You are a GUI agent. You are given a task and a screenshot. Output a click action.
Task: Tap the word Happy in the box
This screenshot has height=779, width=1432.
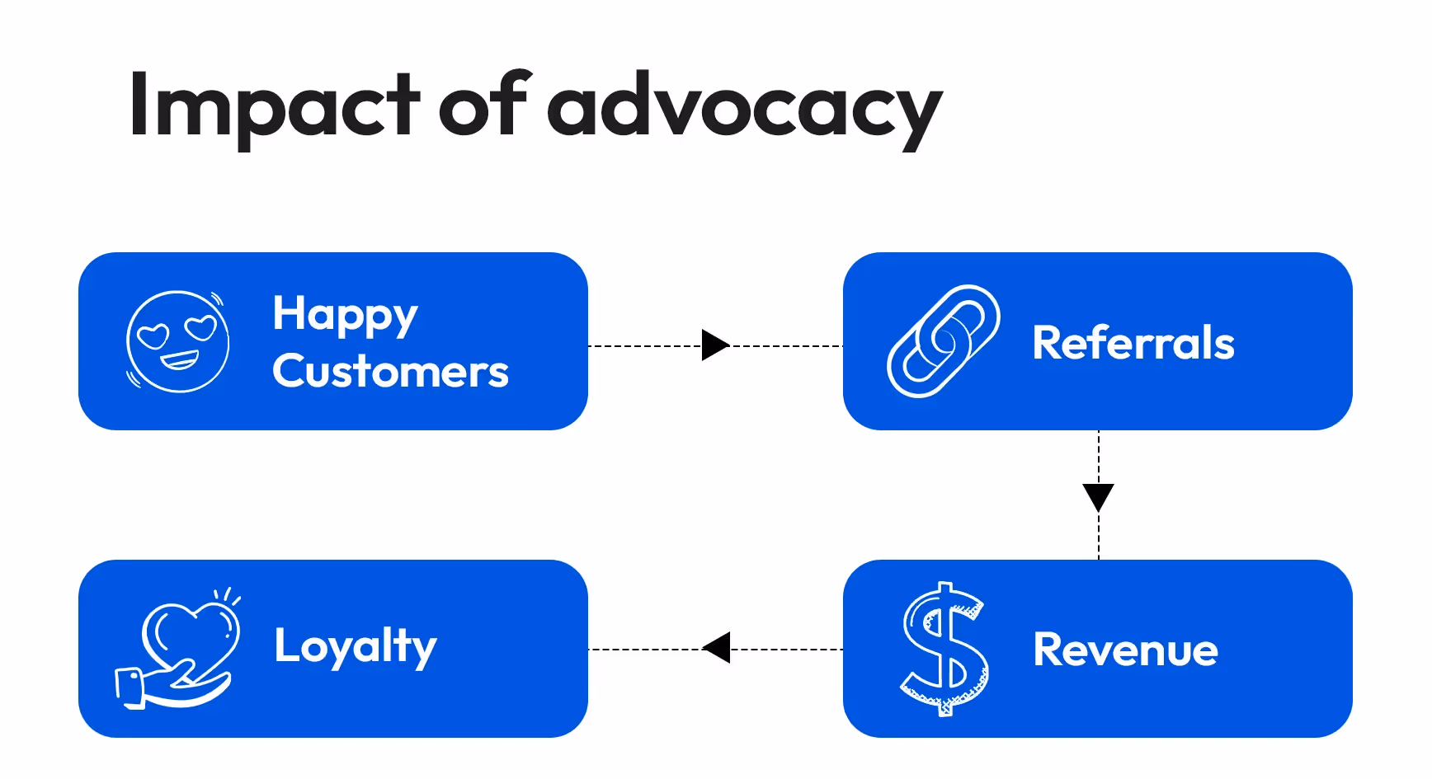[x=346, y=315]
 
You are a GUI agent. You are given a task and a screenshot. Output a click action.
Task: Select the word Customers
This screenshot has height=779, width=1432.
[x=390, y=371]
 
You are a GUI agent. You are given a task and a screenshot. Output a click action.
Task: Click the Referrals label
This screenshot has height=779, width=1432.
[x=1133, y=342]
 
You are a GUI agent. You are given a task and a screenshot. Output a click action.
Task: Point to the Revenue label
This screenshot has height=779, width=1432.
[x=1125, y=650]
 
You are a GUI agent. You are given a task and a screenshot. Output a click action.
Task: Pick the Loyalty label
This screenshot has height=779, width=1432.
[x=356, y=645]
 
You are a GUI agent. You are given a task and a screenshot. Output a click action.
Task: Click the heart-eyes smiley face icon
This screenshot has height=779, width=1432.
[x=177, y=341]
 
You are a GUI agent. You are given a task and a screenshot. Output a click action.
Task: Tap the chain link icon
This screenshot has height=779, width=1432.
[x=943, y=341]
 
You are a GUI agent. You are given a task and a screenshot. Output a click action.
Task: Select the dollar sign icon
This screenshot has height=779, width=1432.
[x=944, y=649]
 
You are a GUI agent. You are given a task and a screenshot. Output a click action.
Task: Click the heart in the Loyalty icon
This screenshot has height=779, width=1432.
[x=191, y=635]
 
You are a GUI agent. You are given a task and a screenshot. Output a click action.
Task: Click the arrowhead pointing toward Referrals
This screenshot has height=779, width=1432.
[x=715, y=345]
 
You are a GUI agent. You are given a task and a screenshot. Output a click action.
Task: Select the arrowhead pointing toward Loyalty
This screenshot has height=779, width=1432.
[x=716, y=648]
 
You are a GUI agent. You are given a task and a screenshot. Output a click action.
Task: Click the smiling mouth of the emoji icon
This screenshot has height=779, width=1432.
[x=180, y=361]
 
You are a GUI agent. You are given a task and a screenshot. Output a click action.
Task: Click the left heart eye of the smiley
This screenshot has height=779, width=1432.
[x=153, y=335]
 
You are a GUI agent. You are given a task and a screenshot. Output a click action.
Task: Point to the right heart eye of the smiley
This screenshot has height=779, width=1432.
[x=200, y=327]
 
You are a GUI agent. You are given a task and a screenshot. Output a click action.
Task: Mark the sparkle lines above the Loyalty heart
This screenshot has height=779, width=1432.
[x=227, y=596]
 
